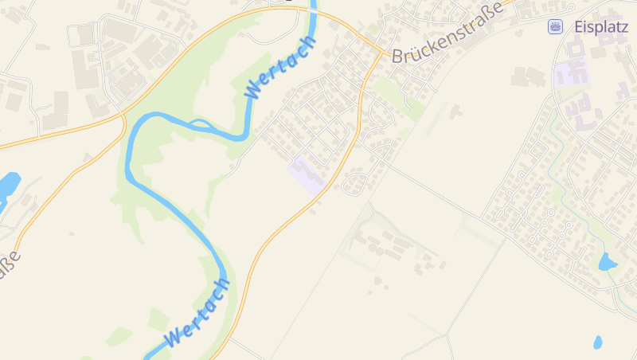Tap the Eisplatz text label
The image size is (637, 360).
pos(600,26)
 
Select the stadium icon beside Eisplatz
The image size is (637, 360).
pos(555,27)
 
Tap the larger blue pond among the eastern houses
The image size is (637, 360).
pos(608,261)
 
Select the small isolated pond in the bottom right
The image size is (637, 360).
pos(597,342)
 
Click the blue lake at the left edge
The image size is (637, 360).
pos(8,186)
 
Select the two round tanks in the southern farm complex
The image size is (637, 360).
pos(375,249)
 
